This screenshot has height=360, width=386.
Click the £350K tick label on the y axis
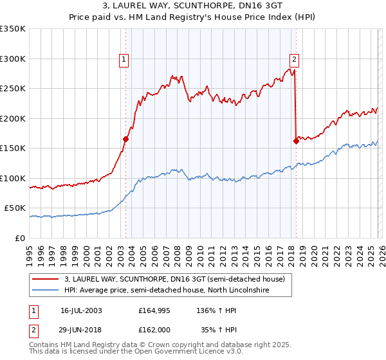pos(13,29)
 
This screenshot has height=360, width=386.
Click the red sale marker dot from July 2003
pos(126,139)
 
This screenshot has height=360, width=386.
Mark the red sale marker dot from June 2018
pos(296,141)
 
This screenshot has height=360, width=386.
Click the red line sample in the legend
pos(45,279)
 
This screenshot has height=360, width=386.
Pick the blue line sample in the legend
pos(45,290)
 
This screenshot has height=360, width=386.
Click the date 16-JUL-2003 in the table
pos(81,310)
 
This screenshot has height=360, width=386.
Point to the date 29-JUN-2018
pos(81,330)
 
